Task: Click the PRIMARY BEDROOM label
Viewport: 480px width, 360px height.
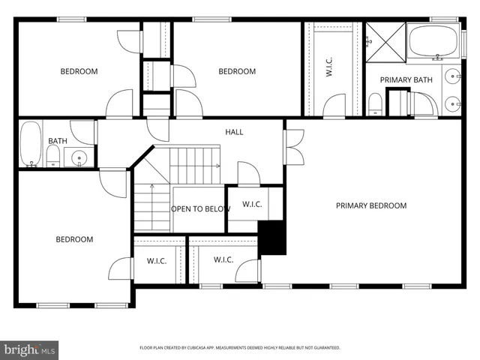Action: pos(370,205)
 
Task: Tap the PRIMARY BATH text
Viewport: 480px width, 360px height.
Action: pos(406,79)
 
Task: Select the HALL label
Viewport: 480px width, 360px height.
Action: pos(234,132)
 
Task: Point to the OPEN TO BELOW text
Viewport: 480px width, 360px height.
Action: pos(200,208)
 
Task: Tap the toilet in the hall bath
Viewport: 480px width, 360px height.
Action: pos(53,156)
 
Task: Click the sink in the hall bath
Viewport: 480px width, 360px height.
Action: pos(79,157)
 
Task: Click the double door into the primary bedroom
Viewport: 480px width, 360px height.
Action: pos(293,146)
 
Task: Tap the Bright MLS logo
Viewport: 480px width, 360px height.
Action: pos(29,349)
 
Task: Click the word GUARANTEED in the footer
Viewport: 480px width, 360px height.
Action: pos(324,348)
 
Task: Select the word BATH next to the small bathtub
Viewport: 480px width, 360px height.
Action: pos(57,141)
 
